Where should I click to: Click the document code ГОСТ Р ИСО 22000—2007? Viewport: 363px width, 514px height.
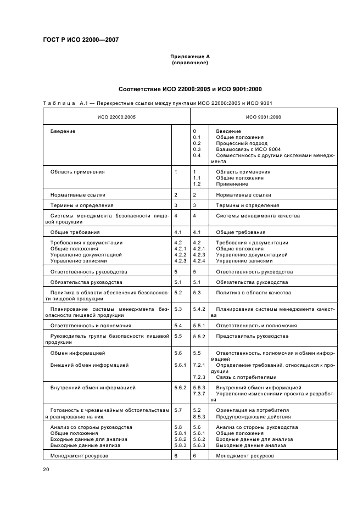click(80, 40)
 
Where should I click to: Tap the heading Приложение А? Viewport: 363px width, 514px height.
click(190, 57)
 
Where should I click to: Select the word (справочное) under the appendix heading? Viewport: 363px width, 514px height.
click(190, 63)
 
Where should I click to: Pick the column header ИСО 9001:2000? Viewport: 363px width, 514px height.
click(263, 117)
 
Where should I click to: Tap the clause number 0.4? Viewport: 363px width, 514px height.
click(197, 155)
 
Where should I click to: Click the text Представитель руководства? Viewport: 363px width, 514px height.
click(244, 336)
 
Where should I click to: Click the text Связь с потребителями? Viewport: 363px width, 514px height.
click(246, 377)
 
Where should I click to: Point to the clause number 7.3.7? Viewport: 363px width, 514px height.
click(199, 394)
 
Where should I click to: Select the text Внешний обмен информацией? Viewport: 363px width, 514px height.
click(90, 365)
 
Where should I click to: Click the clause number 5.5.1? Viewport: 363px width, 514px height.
click(199, 326)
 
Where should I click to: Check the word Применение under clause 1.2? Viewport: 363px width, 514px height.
click(232, 184)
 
